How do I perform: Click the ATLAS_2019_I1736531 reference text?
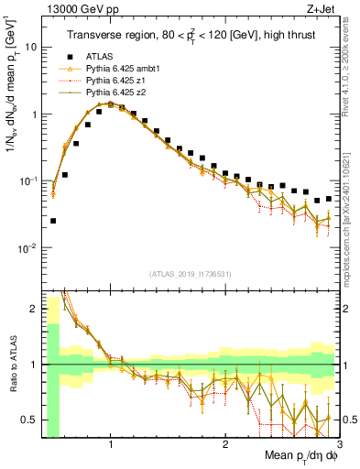click(189, 273)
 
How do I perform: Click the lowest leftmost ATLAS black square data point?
click(53, 221)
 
